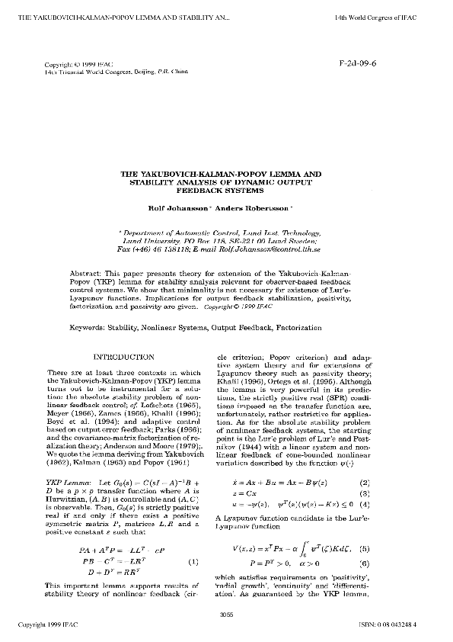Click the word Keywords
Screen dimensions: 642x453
110,326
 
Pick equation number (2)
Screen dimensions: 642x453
364,483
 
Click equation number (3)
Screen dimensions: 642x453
364,493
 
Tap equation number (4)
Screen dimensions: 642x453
364,505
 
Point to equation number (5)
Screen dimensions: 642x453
364,549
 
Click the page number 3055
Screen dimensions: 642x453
225,614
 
